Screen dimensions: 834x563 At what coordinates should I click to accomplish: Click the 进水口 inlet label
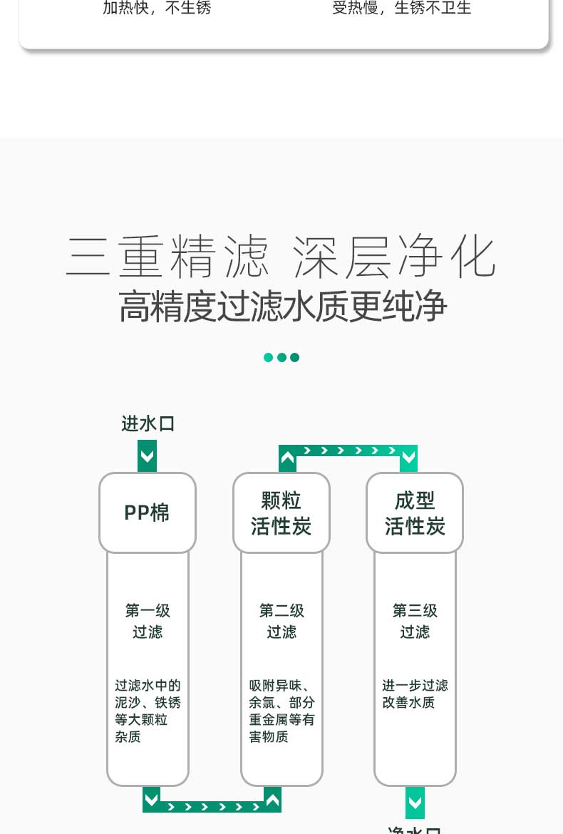click(148, 423)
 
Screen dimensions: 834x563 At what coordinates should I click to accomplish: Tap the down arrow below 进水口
click(147, 456)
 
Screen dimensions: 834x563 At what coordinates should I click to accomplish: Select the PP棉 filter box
click(147, 513)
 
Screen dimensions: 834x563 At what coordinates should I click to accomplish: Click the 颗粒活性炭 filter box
click(281, 513)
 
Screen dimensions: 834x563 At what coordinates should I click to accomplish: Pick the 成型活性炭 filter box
click(415, 513)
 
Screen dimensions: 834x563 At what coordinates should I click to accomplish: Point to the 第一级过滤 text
click(148, 621)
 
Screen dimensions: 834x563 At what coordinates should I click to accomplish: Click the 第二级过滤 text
click(281, 621)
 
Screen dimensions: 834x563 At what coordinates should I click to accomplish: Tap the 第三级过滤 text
click(415, 621)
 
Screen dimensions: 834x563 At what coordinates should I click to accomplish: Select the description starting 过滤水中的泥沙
click(148, 711)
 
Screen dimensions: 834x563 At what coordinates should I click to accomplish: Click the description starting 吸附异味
click(281, 711)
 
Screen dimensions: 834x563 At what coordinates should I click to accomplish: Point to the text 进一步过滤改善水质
click(415, 694)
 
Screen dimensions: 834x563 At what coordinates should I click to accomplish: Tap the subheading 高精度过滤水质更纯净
click(282, 307)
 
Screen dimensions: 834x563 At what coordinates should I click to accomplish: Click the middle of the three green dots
click(281, 357)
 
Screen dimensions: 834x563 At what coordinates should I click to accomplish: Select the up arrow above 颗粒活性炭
click(287, 458)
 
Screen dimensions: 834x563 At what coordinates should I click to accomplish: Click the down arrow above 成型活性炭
click(408, 458)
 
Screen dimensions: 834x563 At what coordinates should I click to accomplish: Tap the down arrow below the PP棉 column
click(151, 799)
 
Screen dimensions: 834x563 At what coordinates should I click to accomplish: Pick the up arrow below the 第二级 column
click(272, 799)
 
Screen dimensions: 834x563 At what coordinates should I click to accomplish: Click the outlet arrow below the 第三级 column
click(415, 803)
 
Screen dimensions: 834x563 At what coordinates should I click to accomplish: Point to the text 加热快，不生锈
click(157, 9)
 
